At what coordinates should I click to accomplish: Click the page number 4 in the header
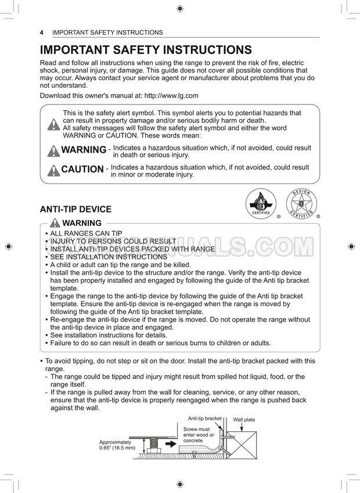click(42, 33)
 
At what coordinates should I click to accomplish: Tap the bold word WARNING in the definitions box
click(84, 150)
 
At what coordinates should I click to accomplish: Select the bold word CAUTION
click(82, 170)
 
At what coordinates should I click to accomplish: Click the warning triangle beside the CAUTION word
click(53, 170)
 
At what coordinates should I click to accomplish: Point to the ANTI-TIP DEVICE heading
click(75, 210)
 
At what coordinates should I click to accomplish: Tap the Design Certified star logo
click(301, 204)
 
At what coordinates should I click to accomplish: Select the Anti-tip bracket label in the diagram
click(204, 418)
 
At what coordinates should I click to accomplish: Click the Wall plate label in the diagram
click(244, 419)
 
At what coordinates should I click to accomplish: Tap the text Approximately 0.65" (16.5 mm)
click(117, 445)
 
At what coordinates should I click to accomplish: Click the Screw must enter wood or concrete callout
click(199, 435)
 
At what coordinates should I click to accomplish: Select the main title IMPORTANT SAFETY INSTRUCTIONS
click(146, 50)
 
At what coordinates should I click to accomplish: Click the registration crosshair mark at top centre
click(179, 9)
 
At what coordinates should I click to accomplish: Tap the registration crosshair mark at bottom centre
click(179, 484)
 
